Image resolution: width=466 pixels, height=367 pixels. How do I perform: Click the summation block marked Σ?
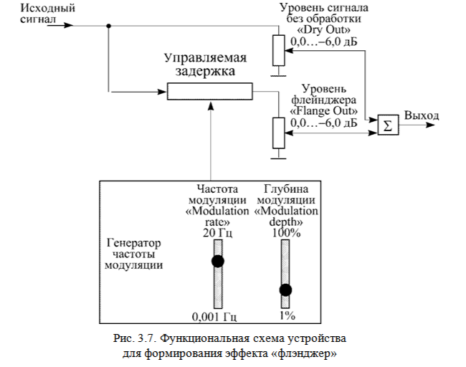click(x=388, y=125)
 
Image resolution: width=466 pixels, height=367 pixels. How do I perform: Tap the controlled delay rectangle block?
click(x=209, y=91)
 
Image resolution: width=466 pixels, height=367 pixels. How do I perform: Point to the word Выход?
click(x=422, y=115)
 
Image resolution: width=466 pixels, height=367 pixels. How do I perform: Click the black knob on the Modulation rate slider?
click(x=218, y=261)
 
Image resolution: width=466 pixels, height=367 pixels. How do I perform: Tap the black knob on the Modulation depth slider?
click(x=285, y=290)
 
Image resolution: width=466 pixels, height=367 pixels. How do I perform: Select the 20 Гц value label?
click(x=218, y=233)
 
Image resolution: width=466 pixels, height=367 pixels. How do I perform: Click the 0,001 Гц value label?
click(x=214, y=316)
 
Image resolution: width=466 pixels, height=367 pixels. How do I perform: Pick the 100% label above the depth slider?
click(x=286, y=233)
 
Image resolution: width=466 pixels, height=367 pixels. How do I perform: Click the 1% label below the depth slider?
click(x=286, y=316)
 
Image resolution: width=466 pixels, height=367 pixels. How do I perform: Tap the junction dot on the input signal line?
click(x=108, y=26)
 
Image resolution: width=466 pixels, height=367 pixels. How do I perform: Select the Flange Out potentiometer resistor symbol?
click(x=277, y=132)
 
